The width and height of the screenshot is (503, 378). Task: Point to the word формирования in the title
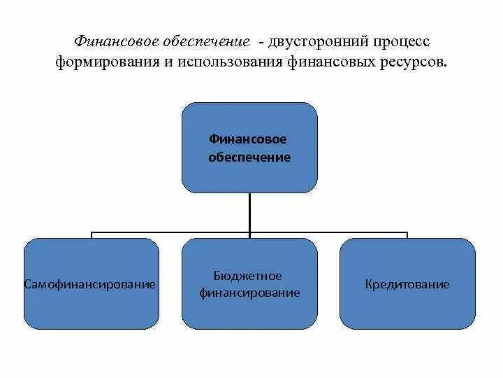(x=101, y=62)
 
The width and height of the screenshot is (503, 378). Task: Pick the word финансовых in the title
(x=321, y=62)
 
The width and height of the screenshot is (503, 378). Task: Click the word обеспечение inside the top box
(x=249, y=157)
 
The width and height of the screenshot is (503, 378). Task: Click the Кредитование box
(x=407, y=308)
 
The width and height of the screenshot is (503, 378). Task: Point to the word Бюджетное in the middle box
(x=248, y=276)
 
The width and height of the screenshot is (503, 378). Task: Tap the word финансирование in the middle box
(x=249, y=293)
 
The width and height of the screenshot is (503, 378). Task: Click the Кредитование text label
(x=407, y=285)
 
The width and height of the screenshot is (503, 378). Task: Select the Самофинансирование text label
(x=89, y=285)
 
